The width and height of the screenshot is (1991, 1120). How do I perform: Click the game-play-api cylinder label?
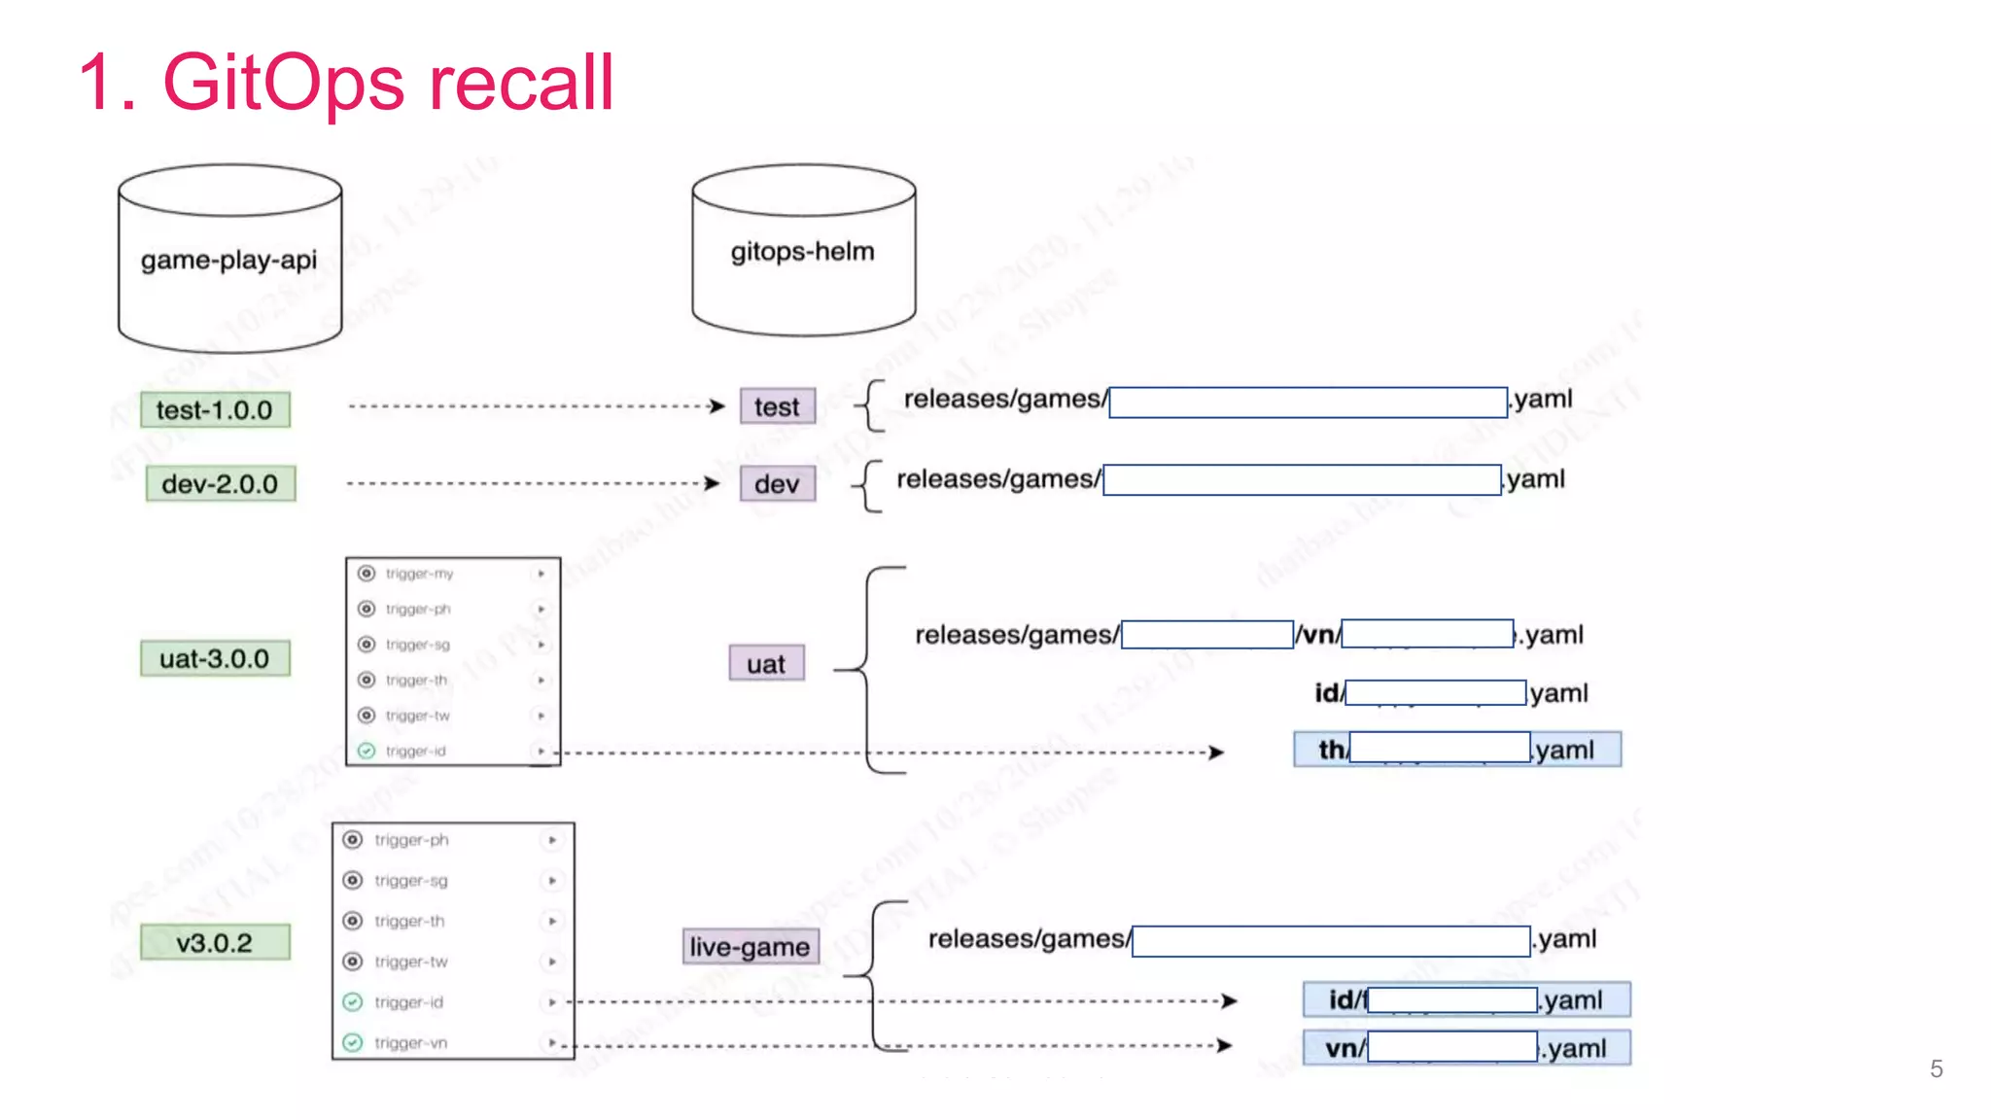coord(228,261)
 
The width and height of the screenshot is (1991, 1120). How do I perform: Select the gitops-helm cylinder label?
coord(802,252)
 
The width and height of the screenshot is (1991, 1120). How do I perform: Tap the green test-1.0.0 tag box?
coord(215,410)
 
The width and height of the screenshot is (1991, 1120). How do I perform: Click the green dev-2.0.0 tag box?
coord(220,484)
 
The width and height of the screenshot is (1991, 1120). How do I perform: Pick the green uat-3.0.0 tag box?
coord(215,659)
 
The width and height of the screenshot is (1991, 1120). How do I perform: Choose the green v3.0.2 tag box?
coord(215,943)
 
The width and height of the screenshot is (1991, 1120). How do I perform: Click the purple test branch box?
coord(777,407)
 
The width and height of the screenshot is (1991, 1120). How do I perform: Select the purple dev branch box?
coord(777,484)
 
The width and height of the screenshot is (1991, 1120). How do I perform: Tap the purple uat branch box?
coord(766,664)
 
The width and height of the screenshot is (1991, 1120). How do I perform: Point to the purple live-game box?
coord(750,947)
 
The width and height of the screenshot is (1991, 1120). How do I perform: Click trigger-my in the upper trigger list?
coord(419,574)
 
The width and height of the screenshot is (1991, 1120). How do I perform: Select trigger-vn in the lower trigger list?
coord(410,1043)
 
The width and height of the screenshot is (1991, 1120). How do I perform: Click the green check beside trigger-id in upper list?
coord(367,751)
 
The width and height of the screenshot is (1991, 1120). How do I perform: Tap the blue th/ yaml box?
coord(1456,750)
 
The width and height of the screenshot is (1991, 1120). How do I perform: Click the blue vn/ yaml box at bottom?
coord(1466,1048)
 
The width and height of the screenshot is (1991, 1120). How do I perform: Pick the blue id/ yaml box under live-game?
coord(1466,999)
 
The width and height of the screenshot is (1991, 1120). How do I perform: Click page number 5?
coord(1936,1069)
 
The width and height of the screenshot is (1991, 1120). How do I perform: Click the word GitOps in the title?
coord(282,83)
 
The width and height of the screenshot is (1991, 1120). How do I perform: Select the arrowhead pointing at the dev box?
coord(714,483)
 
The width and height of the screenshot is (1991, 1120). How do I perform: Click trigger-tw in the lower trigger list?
coord(410,962)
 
